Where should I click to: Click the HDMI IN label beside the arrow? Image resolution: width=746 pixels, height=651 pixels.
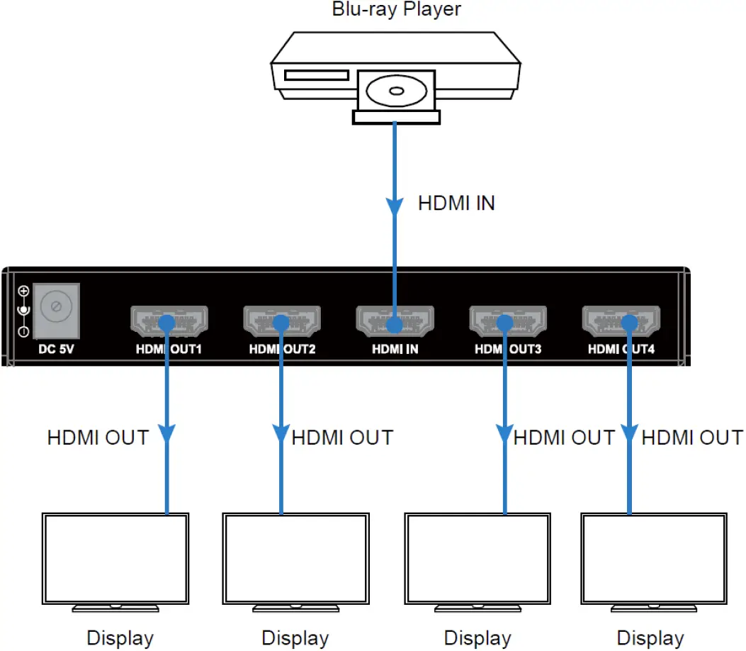pyautogui.click(x=456, y=203)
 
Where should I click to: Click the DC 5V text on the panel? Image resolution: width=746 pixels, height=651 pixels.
pyautogui.click(x=56, y=349)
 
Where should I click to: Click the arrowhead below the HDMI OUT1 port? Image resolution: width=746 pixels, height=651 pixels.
pyautogui.click(x=167, y=433)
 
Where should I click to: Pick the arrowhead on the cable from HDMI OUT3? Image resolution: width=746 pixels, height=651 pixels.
pyautogui.click(x=505, y=433)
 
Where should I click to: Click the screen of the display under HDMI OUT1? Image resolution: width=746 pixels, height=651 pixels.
pyautogui.click(x=115, y=557)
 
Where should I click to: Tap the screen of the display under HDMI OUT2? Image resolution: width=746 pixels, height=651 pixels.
pyautogui.click(x=295, y=557)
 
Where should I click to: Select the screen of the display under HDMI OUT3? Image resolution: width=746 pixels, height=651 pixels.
pyautogui.click(x=477, y=557)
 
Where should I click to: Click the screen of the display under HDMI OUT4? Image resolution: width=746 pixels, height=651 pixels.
pyautogui.click(x=652, y=557)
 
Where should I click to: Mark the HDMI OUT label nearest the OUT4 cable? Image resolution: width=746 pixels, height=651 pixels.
pyautogui.click(x=692, y=438)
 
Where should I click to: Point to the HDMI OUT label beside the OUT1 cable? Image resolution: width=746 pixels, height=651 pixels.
pyautogui.click(x=98, y=438)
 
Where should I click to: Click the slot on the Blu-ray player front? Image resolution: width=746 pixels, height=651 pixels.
pyautogui.click(x=316, y=75)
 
